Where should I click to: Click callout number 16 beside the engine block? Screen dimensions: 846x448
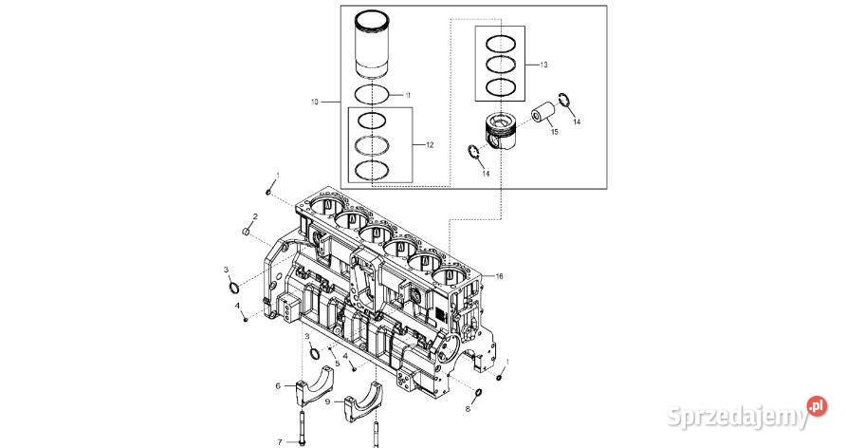click(x=499, y=276)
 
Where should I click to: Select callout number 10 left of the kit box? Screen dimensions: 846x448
click(x=315, y=102)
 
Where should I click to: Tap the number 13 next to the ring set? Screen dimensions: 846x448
click(x=543, y=65)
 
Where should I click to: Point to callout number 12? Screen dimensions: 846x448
click(x=430, y=145)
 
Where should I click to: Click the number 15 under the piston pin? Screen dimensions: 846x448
click(x=555, y=132)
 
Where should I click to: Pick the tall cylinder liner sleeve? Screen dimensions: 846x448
click(x=373, y=46)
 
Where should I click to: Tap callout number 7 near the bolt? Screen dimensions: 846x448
click(x=280, y=442)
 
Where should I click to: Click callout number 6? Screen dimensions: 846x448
click(x=278, y=386)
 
